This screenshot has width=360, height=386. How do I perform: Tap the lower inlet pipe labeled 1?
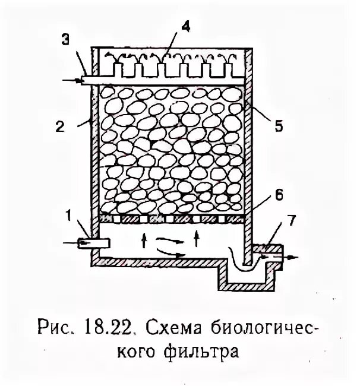click(x=95, y=242)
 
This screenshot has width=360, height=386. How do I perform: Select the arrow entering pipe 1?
click(x=70, y=242)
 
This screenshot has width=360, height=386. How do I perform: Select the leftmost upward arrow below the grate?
click(x=143, y=240)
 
